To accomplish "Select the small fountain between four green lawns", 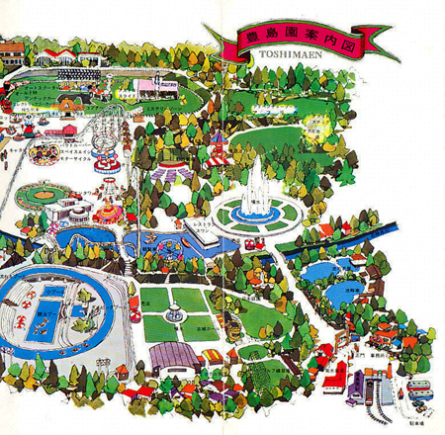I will [176, 314].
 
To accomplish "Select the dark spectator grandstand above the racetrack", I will [71, 73].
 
